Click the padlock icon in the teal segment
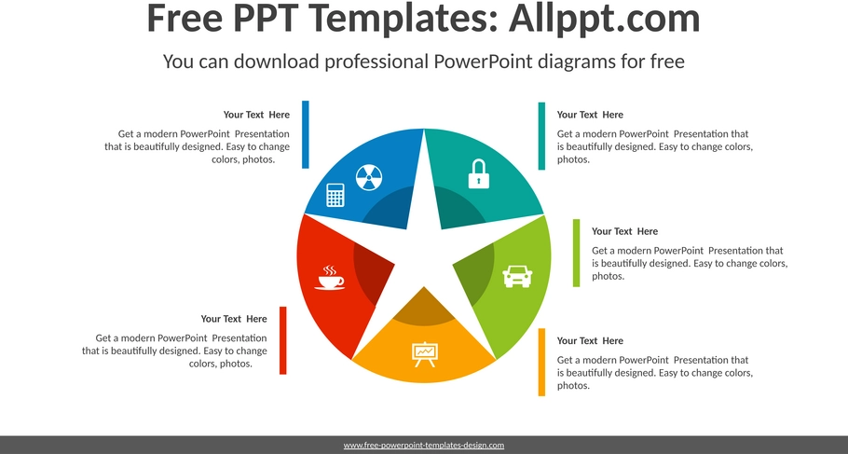point(479,173)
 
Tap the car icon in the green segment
point(517,277)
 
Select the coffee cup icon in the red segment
point(329,278)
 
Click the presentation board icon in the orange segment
point(425,354)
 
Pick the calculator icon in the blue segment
point(335,195)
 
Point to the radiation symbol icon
point(369,177)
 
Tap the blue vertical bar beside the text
point(306,134)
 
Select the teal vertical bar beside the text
point(541,136)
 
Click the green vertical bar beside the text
point(577,253)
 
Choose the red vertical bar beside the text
point(283,340)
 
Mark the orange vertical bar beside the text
point(541,363)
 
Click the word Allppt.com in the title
point(605,18)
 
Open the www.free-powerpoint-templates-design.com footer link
point(424,446)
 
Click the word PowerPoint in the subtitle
point(484,62)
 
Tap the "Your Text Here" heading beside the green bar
point(624,231)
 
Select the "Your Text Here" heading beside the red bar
point(234,319)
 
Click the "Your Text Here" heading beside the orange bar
point(590,340)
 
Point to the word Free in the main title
point(185,18)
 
